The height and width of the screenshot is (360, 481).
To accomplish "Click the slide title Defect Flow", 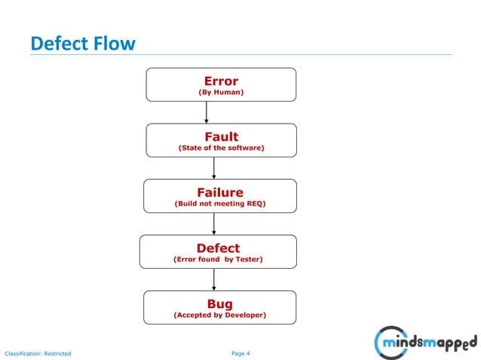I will (83, 44).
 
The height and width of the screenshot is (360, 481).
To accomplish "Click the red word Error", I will (221, 81).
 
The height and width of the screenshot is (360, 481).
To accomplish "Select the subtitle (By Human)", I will (221, 93).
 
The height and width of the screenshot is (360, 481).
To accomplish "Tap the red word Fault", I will (221, 136).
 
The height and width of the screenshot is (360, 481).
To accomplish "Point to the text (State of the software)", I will (221, 148).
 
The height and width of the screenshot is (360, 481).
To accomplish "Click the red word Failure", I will (219, 192).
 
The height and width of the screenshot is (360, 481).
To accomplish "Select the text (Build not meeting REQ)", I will (219, 204).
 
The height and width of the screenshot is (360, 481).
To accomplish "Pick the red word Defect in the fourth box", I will (218, 248).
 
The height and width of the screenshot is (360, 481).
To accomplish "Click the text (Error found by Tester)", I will (218, 260).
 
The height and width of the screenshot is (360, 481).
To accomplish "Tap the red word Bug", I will (219, 304).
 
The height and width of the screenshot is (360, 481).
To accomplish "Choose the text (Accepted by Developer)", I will (219, 316).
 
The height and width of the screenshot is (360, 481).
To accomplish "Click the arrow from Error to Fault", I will (207, 112).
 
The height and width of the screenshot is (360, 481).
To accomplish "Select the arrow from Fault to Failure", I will (214, 167).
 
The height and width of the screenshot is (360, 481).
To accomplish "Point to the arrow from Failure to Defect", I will (214, 223).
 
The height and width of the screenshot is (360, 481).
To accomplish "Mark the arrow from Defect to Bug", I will (214, 279).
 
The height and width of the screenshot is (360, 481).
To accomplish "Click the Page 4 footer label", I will (240, 352).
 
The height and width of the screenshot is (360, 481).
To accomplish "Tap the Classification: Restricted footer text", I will (38, 352).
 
